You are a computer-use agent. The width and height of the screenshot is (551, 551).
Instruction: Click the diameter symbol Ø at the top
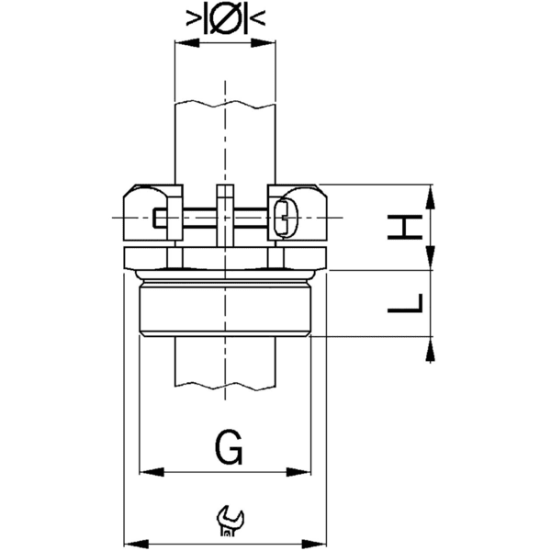pos(225,18)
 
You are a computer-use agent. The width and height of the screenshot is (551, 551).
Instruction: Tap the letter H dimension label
pos(407,227)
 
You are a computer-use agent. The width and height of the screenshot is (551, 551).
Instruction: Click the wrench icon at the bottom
pos(227,521)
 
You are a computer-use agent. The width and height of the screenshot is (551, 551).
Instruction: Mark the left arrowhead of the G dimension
pos(145,473)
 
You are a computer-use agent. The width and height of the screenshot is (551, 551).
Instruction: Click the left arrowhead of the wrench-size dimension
pos(130,541)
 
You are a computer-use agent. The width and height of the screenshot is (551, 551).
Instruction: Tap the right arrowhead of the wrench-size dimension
pos(320,541)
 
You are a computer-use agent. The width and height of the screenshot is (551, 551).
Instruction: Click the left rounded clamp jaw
pos(145,213)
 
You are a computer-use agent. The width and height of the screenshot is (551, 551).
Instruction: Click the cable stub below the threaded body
pos(225,363)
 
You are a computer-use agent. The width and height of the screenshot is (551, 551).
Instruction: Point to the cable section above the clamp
pos(225,138)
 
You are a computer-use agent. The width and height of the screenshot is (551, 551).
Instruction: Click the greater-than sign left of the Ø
pos(194,18)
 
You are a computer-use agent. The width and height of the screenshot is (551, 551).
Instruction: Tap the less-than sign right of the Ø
pos(258,18)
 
